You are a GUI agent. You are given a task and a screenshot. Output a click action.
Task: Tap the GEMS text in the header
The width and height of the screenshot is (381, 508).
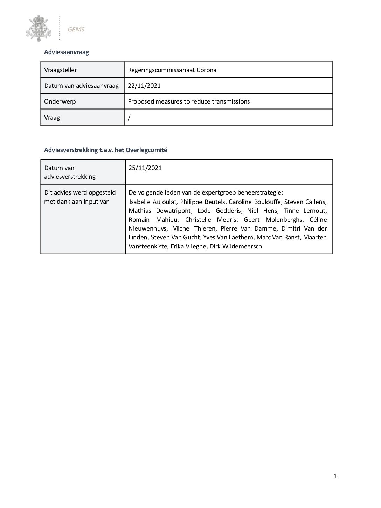[x=76, y=30]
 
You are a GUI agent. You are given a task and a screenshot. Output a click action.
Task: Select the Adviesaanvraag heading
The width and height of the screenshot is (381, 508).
[x=67, y=52]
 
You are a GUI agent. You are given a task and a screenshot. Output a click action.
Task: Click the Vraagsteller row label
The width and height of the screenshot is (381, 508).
[x=61, y=70]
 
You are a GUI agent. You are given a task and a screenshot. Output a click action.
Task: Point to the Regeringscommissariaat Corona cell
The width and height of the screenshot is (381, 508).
[x=172, y=70]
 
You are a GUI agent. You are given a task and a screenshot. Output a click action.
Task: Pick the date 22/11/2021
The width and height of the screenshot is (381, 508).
[x=144, y=86]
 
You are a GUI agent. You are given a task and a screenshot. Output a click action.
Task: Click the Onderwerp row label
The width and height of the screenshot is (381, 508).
[x=60, y=101]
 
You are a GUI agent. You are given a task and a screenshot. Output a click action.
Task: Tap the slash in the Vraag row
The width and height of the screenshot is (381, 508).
[x=129, y=118]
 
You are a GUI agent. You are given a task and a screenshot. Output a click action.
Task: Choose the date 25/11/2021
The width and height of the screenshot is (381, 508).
[x=145, y=168]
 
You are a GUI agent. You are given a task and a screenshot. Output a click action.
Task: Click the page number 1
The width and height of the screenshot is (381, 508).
[x=335, y=476]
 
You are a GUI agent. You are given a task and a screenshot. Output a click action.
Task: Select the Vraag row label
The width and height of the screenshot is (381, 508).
[x=52, y=118]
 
